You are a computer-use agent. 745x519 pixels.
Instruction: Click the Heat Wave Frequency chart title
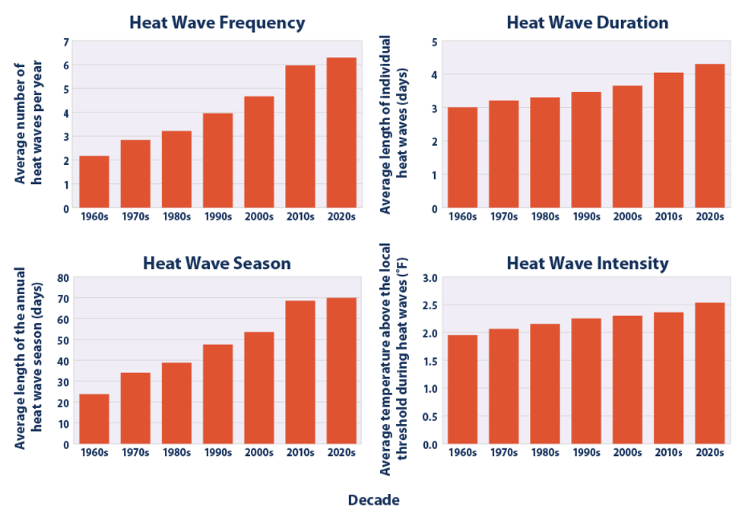tap(217, 23)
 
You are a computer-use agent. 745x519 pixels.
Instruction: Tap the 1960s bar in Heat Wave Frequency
tap(94, 182)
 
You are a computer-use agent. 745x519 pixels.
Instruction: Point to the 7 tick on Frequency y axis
tap(66, 42)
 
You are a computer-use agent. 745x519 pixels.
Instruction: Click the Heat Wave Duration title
tap(587, 23)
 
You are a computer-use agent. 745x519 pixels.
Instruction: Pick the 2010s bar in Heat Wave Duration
tap(669, 141)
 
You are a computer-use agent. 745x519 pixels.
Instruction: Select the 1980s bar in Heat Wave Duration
tap(545, 153)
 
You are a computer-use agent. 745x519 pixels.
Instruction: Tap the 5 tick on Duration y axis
tap(434, 42)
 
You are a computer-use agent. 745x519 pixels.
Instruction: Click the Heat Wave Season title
tap(217, 264)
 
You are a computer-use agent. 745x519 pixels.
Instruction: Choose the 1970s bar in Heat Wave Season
tap(135, 408)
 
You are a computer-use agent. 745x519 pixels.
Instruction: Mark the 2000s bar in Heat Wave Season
tap(258, 388)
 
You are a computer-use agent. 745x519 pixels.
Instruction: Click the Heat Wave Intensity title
tap(587, 264)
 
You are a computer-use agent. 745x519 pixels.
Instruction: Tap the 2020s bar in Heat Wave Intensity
tap(710, 373)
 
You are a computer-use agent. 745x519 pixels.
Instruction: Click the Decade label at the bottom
tap(373, 500)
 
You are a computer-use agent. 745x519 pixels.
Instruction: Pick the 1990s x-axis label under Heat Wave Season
tap(217, 453)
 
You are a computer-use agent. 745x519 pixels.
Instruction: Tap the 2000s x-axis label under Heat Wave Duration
tap(627, 217)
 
